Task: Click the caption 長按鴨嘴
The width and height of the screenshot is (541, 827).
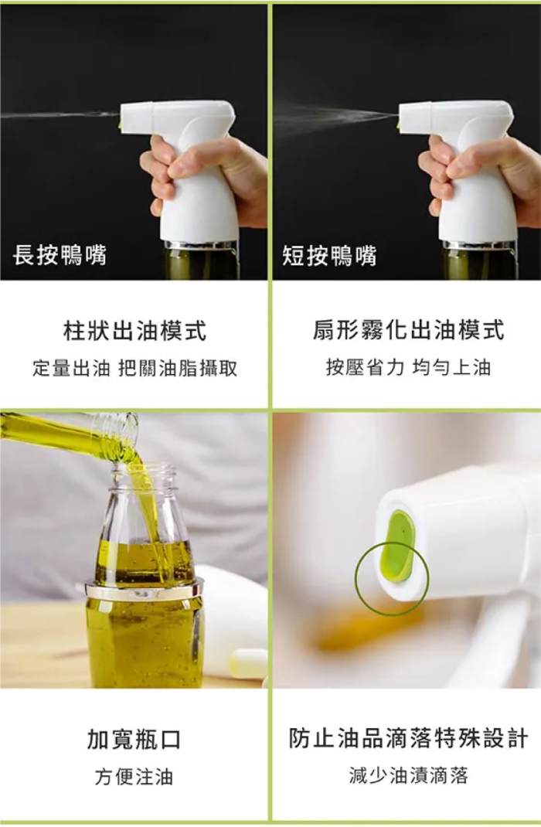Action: tap(60, 255)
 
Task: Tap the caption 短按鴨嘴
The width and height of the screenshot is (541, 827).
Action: tap(329, 256)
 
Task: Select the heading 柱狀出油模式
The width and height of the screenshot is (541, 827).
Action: tap(135, 331)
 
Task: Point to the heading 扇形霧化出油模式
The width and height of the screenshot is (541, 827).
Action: tap(408, 330)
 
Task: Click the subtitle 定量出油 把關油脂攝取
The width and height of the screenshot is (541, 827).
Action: tap(135, 368)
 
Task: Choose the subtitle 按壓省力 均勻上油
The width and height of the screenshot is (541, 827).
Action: tap(408, 367)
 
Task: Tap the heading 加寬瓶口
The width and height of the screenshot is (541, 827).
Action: tap(134, 740)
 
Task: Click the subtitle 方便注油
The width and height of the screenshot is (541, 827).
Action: tap(134, 776)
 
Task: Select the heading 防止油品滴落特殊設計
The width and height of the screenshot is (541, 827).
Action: tap(408, 738)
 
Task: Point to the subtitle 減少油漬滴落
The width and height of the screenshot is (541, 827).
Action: tap(408, 775)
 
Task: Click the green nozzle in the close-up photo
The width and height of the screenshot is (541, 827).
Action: tap(398, 546)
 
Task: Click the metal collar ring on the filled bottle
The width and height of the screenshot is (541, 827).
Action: tap(144, 589)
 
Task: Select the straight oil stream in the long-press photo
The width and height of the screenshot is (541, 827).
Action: tap(60, 114)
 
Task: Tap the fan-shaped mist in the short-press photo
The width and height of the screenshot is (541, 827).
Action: tap(335, 117)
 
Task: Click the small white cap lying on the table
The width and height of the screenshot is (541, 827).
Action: tap(248, 663)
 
